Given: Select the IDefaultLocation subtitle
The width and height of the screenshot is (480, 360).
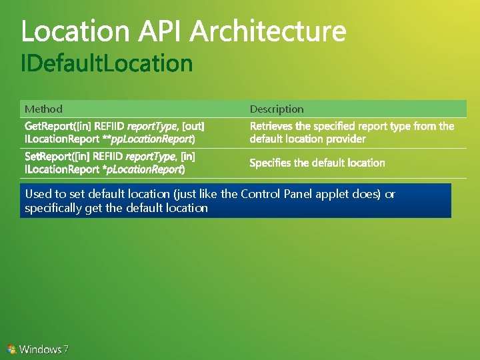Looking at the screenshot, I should click(107, 64).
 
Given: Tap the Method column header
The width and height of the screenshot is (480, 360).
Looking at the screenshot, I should click(43, 109).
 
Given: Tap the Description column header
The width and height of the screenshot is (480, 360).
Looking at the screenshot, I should click(277, 109).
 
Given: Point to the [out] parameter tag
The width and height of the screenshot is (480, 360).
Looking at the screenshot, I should click(193, 126).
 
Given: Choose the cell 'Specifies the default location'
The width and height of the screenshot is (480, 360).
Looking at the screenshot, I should click(317, 163).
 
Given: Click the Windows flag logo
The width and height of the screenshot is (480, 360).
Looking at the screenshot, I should click(11, 349).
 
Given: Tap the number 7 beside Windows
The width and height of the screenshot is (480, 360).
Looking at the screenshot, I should click(65, 349).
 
